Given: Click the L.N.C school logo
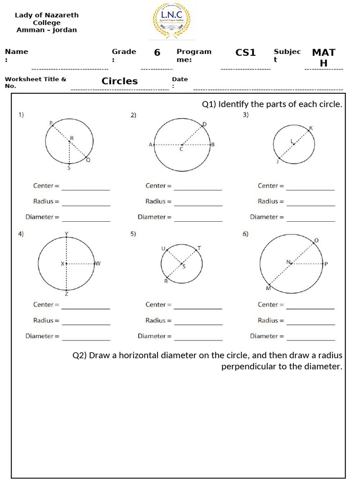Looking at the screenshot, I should point(172,20).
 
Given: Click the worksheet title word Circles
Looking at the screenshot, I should point(120,81).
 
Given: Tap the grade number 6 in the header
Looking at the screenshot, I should point(157,52).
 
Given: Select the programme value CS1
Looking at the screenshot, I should point(245,52).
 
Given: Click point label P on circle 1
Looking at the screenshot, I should point(51,123).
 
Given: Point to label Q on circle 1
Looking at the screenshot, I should point(88,160).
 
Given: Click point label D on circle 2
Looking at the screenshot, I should point(204,124).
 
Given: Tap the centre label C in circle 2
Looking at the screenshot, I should point(181,150).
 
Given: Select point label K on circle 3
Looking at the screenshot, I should point(311,128).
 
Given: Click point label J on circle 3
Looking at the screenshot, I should point(277,161).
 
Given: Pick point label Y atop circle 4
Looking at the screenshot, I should point(67,234).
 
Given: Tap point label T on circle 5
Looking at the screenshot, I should point(199,248).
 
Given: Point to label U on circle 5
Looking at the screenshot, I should point(163,248).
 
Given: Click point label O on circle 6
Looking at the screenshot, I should point(316,240).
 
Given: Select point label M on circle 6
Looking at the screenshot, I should point(268,288).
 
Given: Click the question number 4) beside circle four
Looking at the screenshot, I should point(21,234).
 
